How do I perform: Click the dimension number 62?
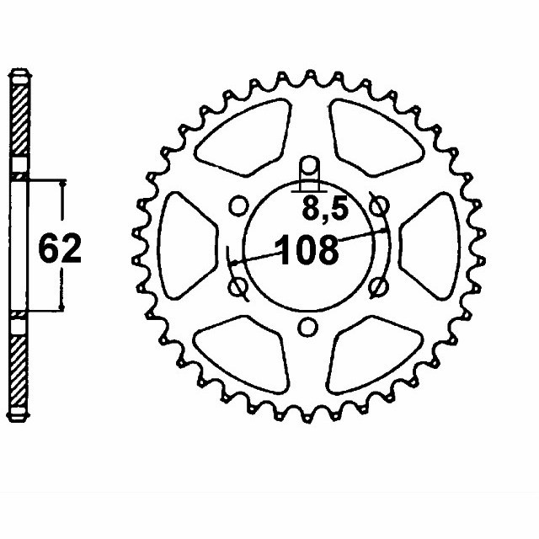60,248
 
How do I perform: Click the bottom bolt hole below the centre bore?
307,327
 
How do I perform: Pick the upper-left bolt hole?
238,205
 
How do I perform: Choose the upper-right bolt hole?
379,205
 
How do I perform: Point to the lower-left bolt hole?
238,287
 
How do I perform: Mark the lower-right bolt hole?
378,287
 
